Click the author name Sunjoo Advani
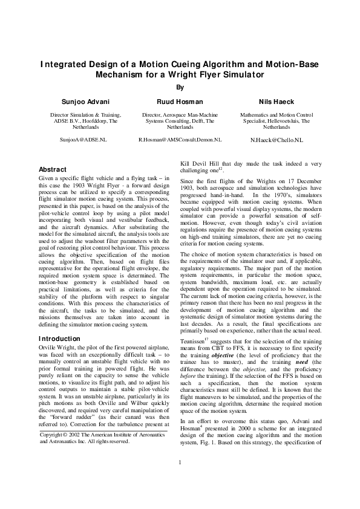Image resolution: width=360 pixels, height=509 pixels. tap(85, 102)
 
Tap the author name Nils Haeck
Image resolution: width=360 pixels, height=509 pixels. tap(276, 102)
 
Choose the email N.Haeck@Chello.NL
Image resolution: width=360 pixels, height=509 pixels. tap(277, 140)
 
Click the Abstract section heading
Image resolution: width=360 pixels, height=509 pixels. tap(52, 170)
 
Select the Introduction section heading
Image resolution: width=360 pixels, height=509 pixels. tap(59, 339)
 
